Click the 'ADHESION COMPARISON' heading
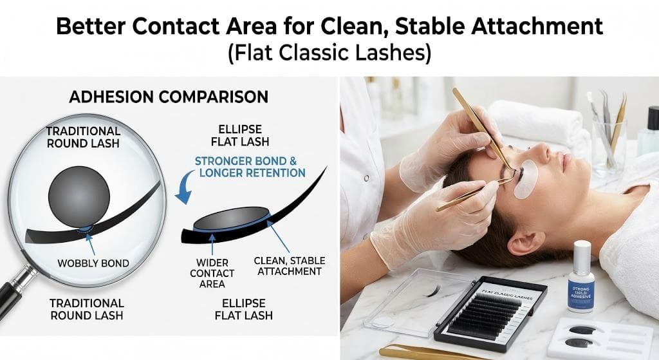tap(168, 97)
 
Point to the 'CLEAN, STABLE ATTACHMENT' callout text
tap(289, 266)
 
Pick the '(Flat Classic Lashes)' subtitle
tap(329, 52)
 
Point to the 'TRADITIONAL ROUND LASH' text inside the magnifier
tap(83, 136)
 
